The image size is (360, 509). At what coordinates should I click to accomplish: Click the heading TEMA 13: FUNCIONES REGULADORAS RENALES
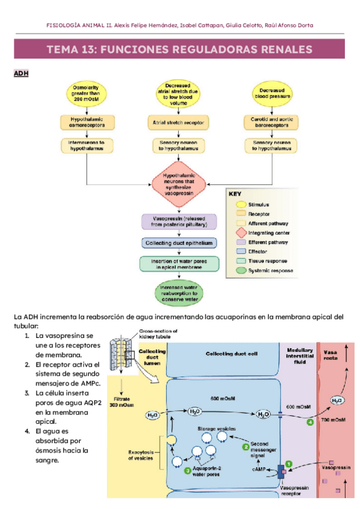[179, 49]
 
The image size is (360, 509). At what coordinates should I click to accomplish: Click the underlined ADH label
[21, 73]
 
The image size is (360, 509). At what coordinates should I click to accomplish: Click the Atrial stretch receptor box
[178, 122]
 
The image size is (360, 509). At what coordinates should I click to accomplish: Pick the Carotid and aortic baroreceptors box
[272, 122]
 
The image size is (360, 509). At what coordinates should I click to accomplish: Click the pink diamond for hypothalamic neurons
[178, 182]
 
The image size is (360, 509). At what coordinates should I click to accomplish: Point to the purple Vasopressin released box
[178, 221]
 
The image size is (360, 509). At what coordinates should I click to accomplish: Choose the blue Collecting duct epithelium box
[178, 243]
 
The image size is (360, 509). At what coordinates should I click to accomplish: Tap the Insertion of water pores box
[178, 264]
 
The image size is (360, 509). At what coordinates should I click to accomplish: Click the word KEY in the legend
[235, 194]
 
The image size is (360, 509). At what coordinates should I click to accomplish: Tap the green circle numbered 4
[310, 423]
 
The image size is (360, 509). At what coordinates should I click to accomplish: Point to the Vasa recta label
[331, 355]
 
